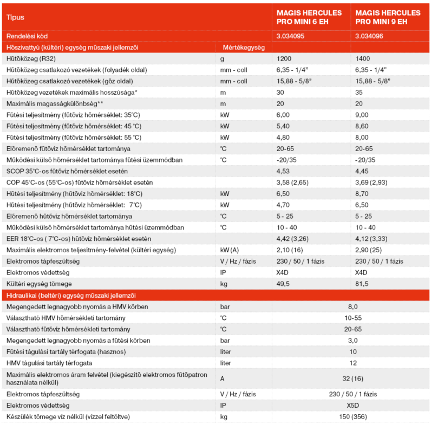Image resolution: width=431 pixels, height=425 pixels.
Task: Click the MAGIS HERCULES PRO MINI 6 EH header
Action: [308, 17]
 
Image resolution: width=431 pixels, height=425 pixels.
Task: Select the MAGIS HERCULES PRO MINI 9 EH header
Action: [387, 17]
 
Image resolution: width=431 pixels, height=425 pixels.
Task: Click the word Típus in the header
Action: [15, 17]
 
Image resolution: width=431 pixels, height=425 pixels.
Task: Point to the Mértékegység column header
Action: [243, 48]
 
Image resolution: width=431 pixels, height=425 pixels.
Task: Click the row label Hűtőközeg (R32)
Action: [31, 58]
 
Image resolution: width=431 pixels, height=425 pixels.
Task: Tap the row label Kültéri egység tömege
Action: [39, 284]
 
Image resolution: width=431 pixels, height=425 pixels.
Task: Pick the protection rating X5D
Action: [352, 405]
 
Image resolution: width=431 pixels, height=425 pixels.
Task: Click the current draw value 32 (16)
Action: [352, 377]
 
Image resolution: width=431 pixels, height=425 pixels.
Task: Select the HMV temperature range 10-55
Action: [352, 318]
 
